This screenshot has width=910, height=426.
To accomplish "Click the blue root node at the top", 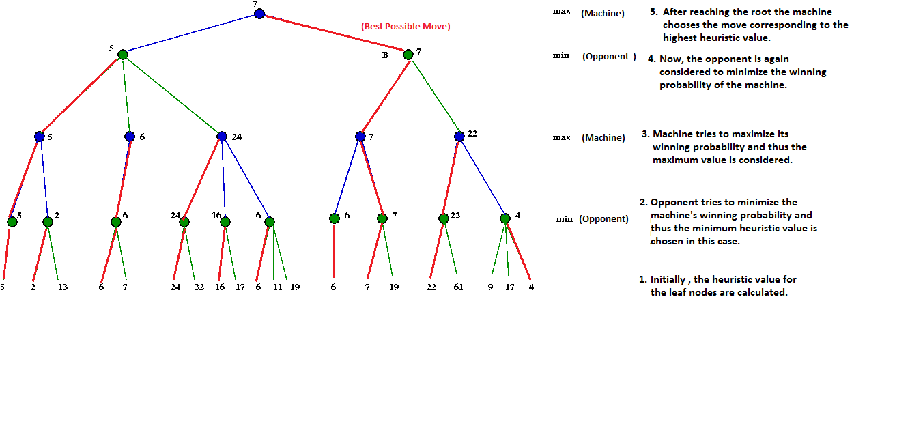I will (x=259, y=14).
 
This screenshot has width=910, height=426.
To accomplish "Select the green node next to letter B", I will (x=408, y=55).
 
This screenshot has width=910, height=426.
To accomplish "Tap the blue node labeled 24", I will (x=222, y=137).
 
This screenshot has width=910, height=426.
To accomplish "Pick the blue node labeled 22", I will (x=459, y=137).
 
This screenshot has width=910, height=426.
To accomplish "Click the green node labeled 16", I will (x=225, y=222).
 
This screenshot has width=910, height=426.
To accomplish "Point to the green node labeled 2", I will (x=48, y=222).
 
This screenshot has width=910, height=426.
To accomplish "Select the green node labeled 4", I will (x=505, y=218).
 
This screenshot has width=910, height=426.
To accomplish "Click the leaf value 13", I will (x=63, y=287).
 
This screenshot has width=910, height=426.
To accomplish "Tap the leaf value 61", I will (x=458, y=287).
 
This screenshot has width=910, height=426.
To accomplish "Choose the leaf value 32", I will (x=199, y=287).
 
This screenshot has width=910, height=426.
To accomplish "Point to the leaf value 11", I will (x=278, y=287).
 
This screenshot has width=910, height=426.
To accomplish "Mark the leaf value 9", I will (x=490, y=287).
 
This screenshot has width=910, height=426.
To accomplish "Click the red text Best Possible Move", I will (x=406, y=27).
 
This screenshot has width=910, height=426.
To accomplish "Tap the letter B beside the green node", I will (x=385, y=55).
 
